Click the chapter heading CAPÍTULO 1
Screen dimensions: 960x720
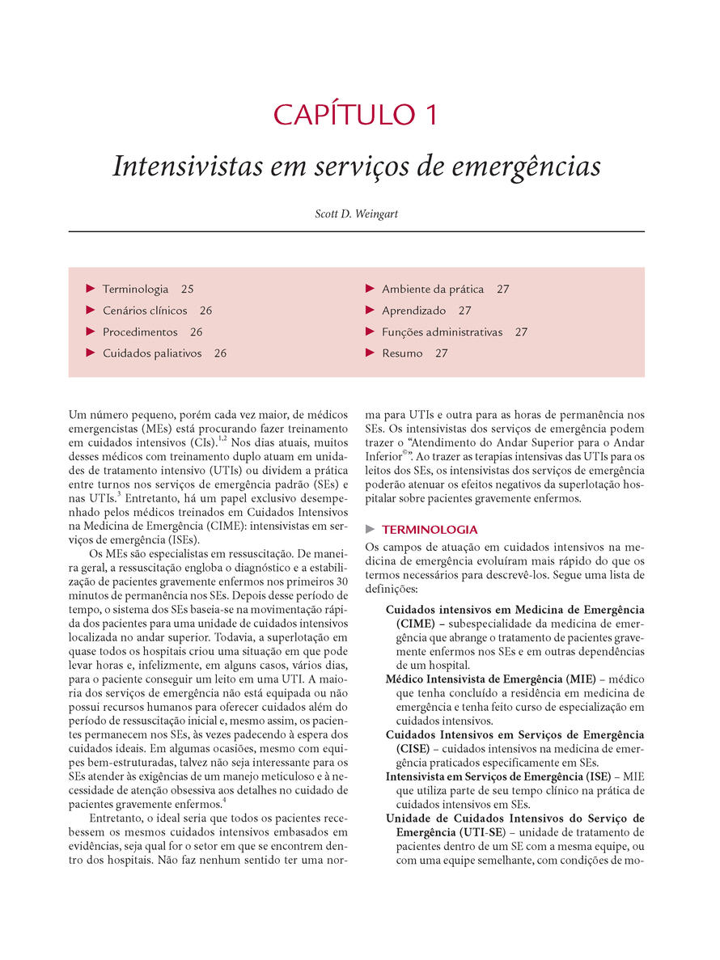click(x=356, y=114)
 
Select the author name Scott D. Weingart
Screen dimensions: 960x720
click(x=356, y=214)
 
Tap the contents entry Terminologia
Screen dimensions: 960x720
click(x=135, y=289)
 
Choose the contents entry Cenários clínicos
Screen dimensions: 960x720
click(x=145, y=311)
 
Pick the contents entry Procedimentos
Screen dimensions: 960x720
click(x=140, y=332)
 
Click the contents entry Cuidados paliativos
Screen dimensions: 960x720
click(x=152, y=353)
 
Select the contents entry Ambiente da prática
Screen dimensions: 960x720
click(x=433, y=289)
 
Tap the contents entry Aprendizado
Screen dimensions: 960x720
click(x=413, y=311)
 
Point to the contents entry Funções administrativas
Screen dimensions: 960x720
click(x=442, y=332)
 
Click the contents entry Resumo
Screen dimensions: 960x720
click(x=402, y=353)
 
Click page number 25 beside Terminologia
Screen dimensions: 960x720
click(x=188, y=289)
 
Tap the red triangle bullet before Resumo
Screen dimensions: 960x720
click(x=371, y=353)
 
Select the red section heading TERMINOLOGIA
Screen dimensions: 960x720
click(x=430, y=530)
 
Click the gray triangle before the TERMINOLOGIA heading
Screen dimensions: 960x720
click(x=371, y=529)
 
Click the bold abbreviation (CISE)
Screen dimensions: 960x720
click(x=413, y=748)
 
